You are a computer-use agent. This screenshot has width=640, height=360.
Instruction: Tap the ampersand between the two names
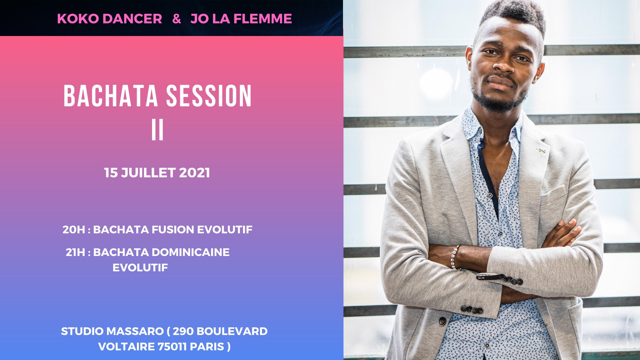pos(177,19)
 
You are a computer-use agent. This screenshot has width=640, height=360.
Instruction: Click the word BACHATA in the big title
pos(110,96)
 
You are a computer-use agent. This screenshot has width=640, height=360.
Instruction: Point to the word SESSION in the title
pos(209,96)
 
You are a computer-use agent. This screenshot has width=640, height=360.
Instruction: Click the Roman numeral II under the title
pos(157,130)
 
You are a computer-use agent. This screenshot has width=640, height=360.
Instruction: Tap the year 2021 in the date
pos(194,173)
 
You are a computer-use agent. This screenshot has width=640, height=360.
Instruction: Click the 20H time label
pos(74,230)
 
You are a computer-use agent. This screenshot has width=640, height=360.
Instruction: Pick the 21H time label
pos(75,252)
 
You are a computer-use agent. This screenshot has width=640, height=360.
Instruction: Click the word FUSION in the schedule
pos(173,230)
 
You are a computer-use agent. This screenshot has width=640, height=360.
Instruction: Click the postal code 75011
pos(172,347)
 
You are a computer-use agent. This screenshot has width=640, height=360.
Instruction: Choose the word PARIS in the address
pos(207,347)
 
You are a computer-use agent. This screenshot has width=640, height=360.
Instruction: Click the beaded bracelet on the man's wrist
pos(454,257)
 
